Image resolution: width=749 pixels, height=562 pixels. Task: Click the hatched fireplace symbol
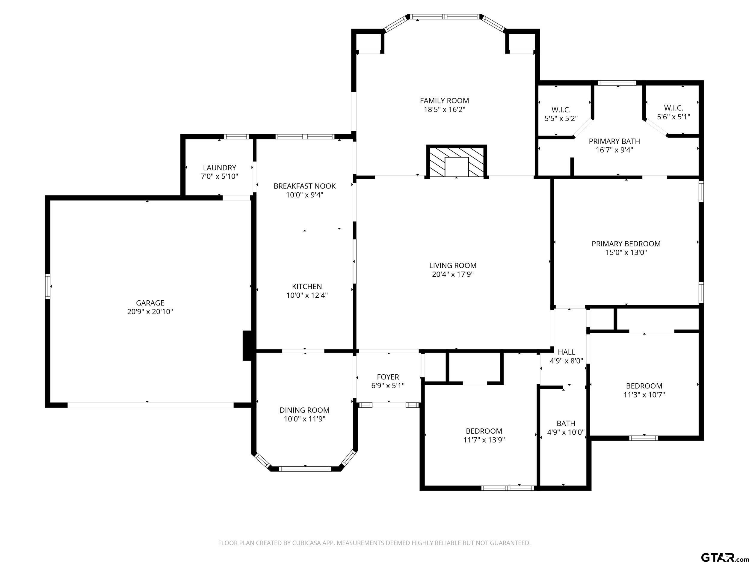tap(457, 162)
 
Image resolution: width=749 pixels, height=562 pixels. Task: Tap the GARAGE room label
tap(150, 303)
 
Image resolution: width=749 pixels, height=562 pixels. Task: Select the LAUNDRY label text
tap(219, 168)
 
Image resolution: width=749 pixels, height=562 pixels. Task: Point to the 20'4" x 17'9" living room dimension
tap(453, 274)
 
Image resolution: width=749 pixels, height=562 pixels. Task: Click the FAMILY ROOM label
tap(444, 101)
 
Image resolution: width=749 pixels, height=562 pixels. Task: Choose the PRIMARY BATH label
tap(614, 141)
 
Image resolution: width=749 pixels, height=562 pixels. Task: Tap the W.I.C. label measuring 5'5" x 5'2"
tap(561, 110)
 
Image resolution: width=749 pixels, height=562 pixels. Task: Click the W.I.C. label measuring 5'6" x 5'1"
tap(674, 108)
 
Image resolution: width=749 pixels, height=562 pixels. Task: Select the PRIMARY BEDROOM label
tap(626, 244)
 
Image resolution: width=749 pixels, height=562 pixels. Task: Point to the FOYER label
tap(388, 377)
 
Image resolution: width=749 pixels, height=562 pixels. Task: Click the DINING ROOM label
tap(304, 410)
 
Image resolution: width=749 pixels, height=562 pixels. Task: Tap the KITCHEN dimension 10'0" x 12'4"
tap(307, 295)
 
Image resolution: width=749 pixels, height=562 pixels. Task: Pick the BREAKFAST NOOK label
tap(305, 186)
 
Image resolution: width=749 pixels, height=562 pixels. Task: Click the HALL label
tap(567, 352)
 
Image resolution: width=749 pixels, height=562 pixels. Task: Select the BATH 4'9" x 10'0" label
tap(566, 427)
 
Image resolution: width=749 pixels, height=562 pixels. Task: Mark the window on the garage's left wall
tap(48, 286)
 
